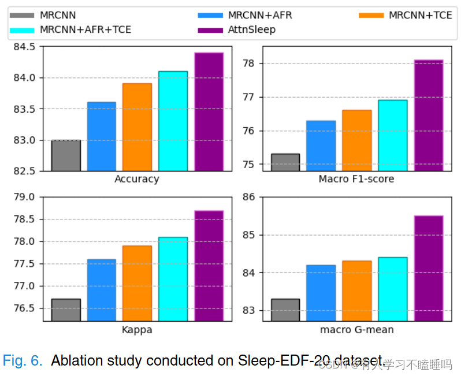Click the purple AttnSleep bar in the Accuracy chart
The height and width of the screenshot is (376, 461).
point(209,111)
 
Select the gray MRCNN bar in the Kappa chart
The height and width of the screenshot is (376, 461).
point(66,310)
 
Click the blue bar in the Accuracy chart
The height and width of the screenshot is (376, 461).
point(102,136)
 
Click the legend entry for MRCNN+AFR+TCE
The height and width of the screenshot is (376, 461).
point(85,29)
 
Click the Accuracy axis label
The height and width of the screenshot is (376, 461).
point(137,179)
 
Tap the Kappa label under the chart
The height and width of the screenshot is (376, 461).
point(137,330)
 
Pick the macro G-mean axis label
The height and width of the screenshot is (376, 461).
point(356,330)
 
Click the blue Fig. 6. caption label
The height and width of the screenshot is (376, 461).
point(23,361)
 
